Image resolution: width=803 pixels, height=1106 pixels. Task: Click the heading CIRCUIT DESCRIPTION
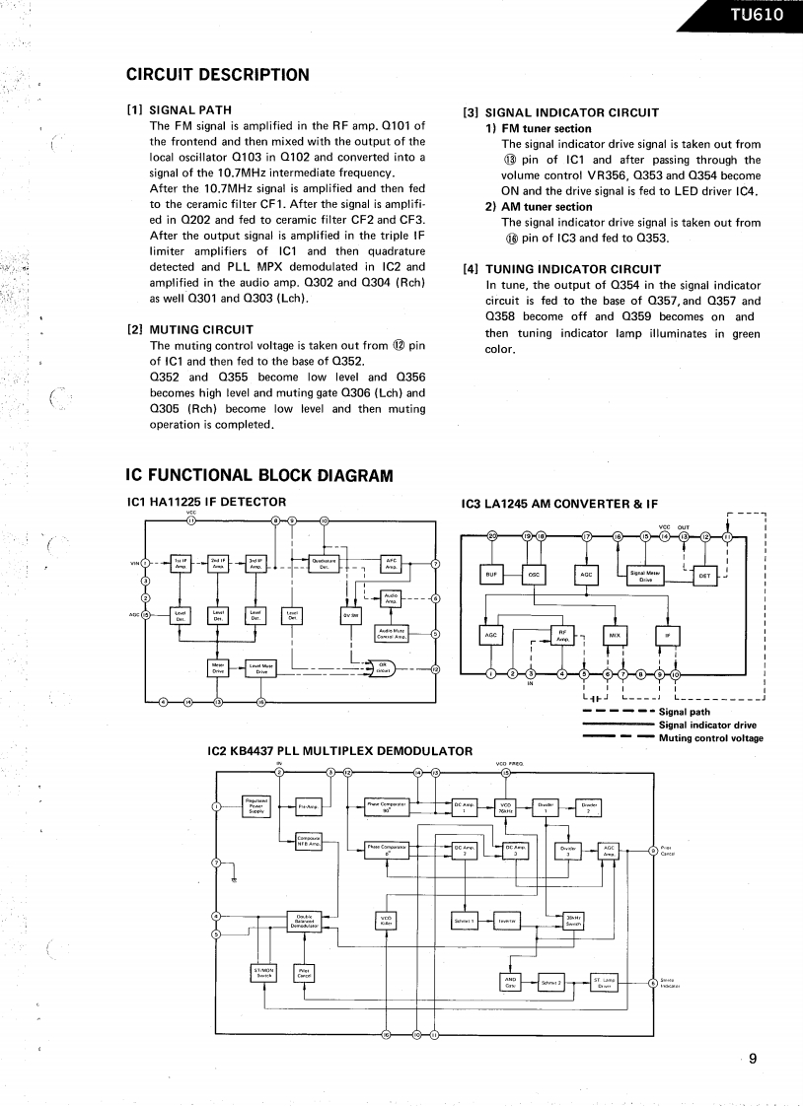pos(218,75)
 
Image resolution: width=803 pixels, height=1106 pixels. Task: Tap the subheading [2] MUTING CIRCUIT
pos(190,329)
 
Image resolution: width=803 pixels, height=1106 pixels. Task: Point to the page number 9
pos(753,1060)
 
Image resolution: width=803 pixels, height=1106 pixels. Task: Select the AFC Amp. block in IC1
pos(391,563)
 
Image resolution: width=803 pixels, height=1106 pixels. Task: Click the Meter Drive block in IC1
pos(218,668)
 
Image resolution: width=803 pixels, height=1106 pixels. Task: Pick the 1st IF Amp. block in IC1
pos(181,563)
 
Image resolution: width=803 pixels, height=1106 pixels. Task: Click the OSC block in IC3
pos(534,576)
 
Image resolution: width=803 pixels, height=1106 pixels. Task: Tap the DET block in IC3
pos(704,576)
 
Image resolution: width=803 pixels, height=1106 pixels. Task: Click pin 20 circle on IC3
pos(492,536)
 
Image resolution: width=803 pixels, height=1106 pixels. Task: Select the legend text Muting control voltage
pos(710,738)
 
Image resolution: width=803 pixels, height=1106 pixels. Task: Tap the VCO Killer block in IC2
pos(386,921)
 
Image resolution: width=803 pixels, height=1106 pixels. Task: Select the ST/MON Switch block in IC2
pos(263,972)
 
